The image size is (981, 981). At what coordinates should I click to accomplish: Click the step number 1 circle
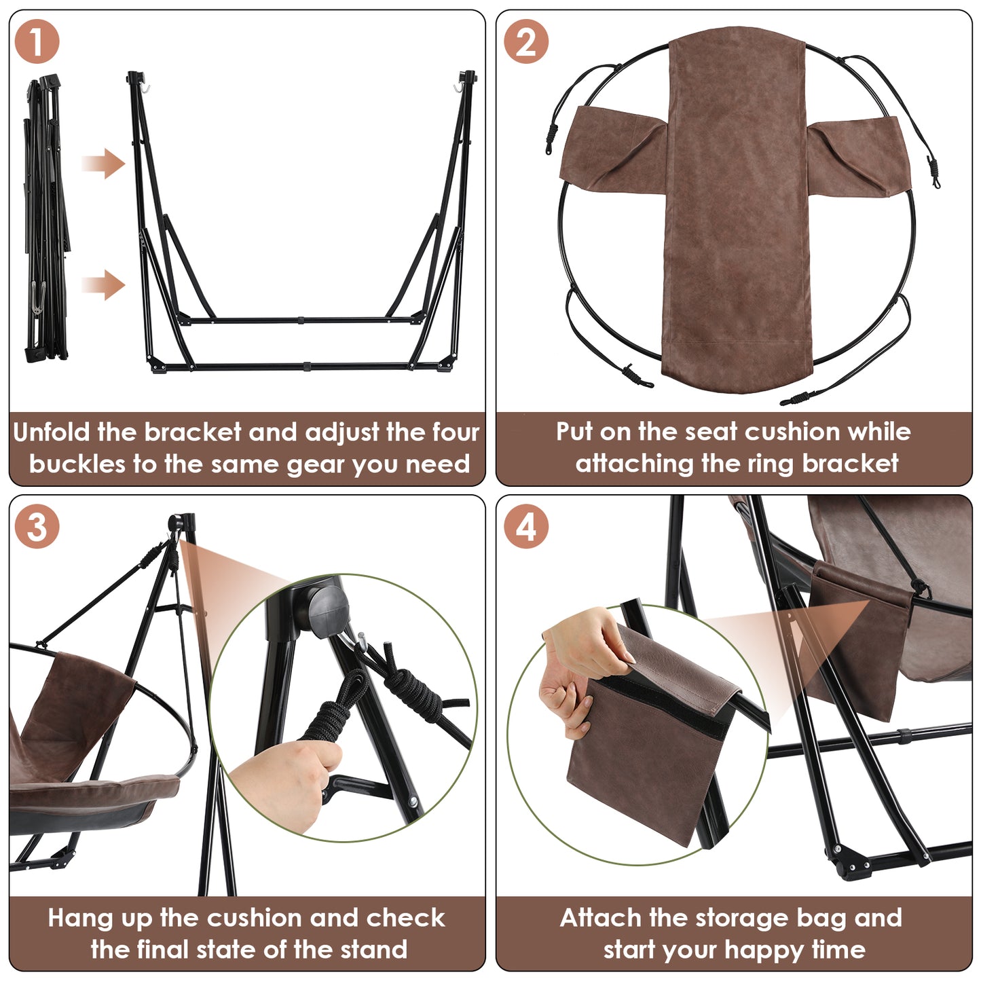pyautogui.click(x=37, y=41)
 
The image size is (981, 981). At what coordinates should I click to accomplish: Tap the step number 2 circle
pyautogui.click(x=526, y=41)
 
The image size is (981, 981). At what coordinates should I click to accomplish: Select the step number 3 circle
pyautogui.click(x=37, y=526)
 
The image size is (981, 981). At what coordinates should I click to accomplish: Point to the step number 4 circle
pyautogui.click(x=526, y=526)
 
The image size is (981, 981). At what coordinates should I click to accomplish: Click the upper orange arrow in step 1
pyautogui.click(x=103, y=164)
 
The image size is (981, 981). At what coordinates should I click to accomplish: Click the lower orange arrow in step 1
pyautogui.click(x=103, y=284)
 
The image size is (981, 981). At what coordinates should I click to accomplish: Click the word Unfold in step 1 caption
pyautogui.click(x=51, y=432)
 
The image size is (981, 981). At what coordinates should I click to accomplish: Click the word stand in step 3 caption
pyautogui.click(x=373, y=950)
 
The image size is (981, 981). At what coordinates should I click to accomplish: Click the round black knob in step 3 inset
pyautogui.click(x=329, y=612)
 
